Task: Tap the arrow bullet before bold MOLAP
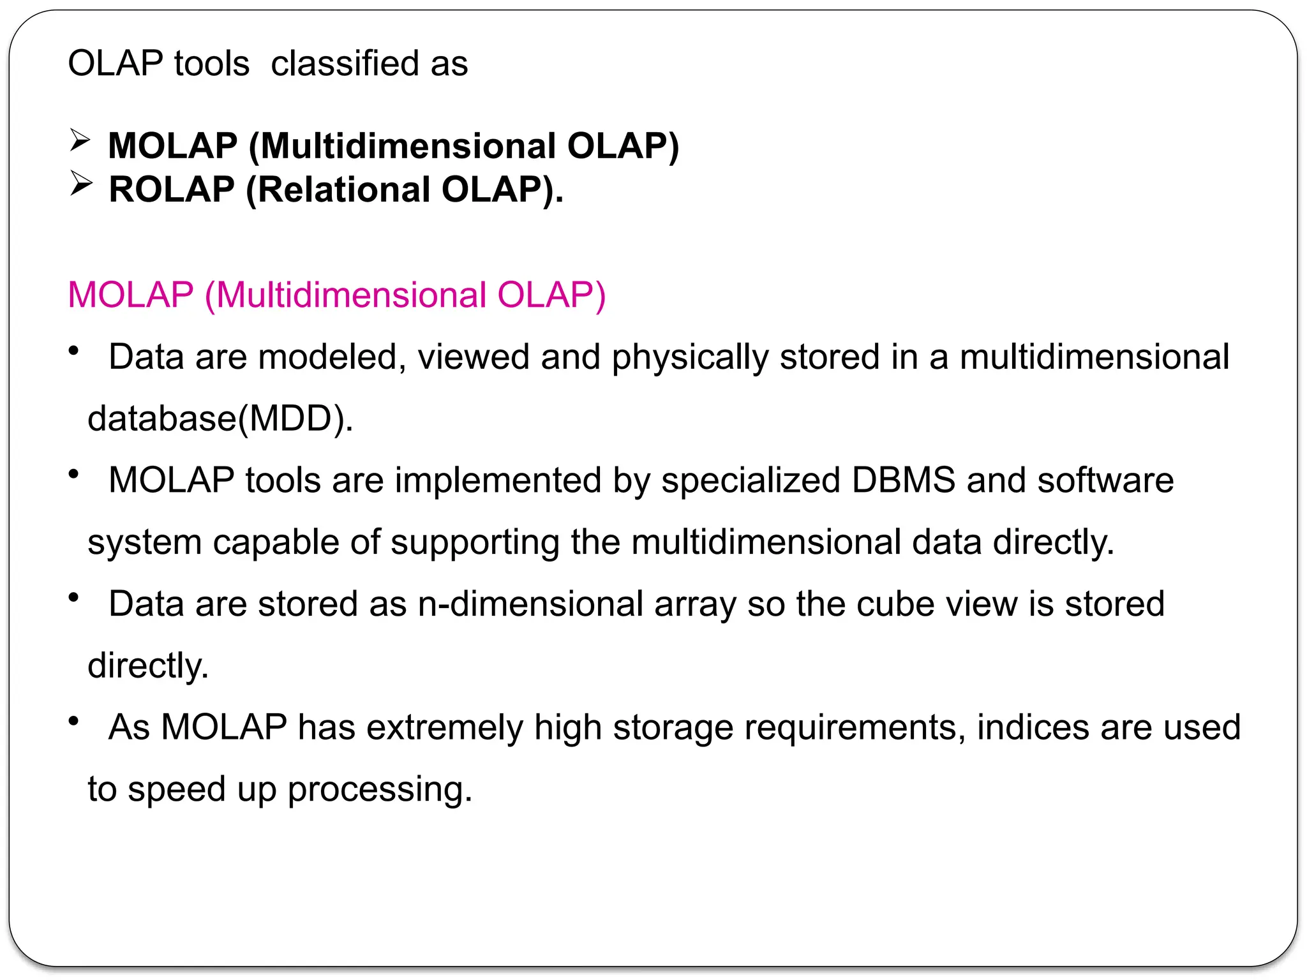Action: [80, 140]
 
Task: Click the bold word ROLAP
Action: [172, 189]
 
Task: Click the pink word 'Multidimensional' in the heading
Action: [350, 295]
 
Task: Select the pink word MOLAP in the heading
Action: [130, 295]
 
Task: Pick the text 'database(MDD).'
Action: [220, 419]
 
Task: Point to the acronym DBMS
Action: [904, 480]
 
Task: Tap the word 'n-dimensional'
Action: [530, 604]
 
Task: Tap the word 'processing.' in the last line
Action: [380, 790]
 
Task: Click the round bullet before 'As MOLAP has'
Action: [74, 721]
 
